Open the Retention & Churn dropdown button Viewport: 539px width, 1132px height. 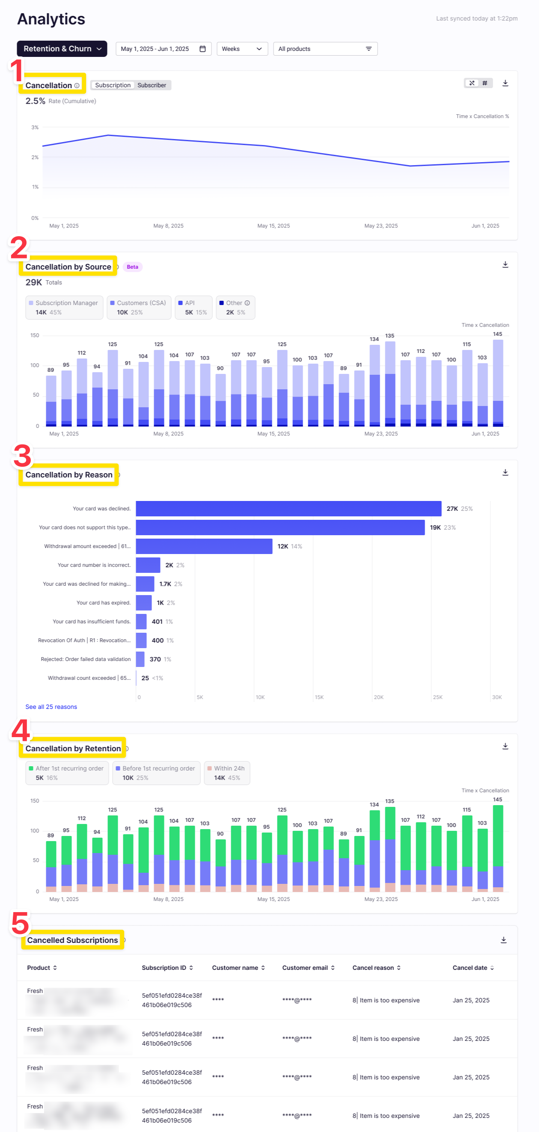tap(62, 49)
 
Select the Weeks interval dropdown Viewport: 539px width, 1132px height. tap(242, 49)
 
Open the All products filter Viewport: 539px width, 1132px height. tap(325, 49)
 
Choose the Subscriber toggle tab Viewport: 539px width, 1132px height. tap(152, 85)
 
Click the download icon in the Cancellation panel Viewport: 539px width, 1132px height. tap(505, 83)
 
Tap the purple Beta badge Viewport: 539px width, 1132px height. tap(132, 267)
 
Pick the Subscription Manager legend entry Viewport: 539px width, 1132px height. tap(64, 307)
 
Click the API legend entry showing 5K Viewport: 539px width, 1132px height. tap(194, 307)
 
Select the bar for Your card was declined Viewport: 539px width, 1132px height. tap(289, 508)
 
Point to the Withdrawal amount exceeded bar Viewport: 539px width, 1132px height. tap(204, 546)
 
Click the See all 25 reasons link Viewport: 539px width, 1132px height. tap(51, 707)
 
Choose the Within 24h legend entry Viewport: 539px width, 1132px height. tap(227, 773)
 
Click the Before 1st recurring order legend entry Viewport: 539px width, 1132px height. tap(156, 773)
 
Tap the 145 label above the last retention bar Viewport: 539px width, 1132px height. tap(497, 799)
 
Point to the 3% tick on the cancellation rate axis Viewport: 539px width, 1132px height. tap(35, 127)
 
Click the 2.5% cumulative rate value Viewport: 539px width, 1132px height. tap(35, 101)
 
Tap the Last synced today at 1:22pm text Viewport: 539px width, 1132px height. tap(476, 18)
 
